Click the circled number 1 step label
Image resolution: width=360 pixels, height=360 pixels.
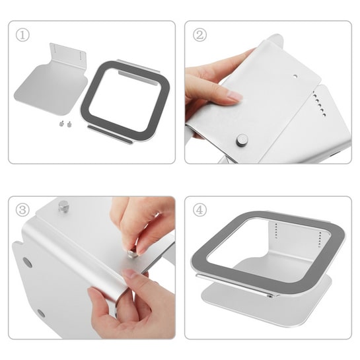[x=22, y=35]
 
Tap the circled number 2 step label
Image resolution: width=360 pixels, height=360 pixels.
[x=199, y=35]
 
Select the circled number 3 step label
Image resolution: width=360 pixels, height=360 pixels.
[x=22, y=210]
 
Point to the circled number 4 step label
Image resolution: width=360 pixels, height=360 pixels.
[x=199, y=210]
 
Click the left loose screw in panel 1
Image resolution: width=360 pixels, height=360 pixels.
[x=61, y=124]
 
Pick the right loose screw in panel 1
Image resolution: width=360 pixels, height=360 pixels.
[x=69, y=124]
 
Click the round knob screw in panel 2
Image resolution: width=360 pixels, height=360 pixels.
[x=242, y=140]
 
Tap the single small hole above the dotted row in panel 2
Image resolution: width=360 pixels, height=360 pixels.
[x=295, y=76]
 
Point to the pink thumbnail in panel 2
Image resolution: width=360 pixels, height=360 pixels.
[x=235, y=95]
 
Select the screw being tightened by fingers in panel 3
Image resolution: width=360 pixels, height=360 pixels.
[x=133, y=253]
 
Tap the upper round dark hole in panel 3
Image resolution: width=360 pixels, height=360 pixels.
[x=27, y=263]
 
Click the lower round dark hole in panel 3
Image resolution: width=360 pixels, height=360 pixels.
[x=42, y=313]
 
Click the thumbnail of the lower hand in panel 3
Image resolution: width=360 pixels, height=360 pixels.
[x=129, y=274]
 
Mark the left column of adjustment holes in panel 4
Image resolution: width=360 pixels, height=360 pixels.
[x=276, y=231]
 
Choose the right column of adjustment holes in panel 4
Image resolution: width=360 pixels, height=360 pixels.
[x=320, y=240]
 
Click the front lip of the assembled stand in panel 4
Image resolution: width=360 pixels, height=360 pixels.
[x=236, y=285]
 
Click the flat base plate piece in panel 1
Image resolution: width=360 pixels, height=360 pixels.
[x=51, y=89]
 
